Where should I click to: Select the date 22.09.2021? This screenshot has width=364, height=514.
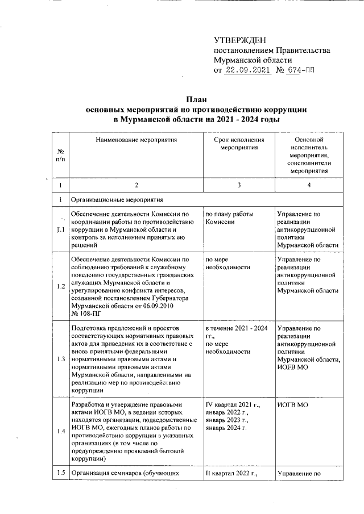click(246, 70)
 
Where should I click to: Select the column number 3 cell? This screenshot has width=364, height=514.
click(239, 185)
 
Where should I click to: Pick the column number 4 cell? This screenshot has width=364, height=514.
click(309, 185)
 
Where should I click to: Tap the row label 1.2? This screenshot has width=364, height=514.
click(61, 286)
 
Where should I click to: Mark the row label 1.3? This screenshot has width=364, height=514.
click(61, 359)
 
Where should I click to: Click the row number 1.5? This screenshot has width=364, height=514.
click(61, 473)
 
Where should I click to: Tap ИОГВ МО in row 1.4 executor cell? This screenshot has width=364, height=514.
click(292, 404)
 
